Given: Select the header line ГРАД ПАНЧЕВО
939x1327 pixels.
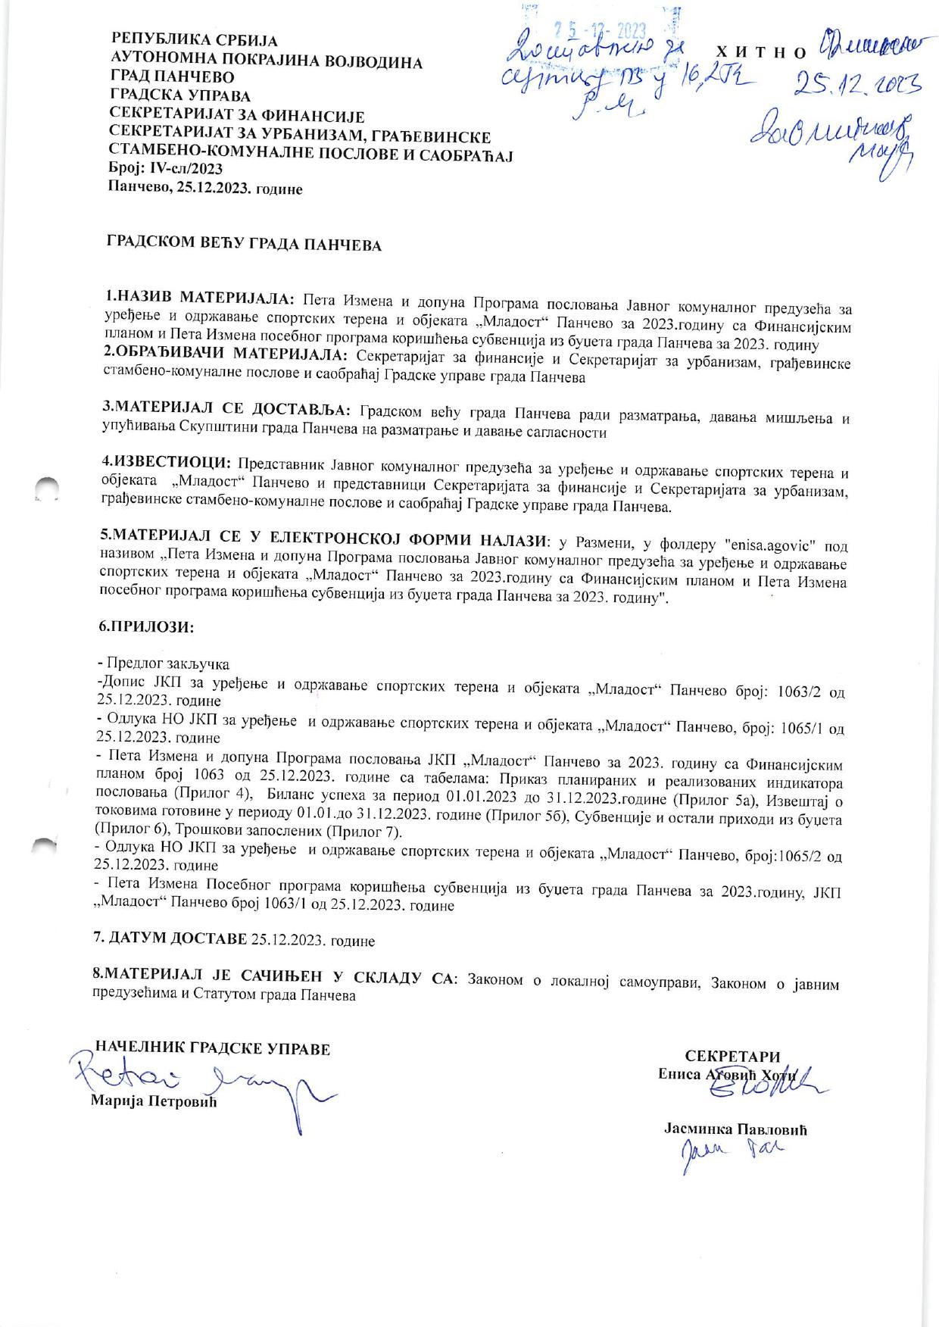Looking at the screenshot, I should tap(173, 77).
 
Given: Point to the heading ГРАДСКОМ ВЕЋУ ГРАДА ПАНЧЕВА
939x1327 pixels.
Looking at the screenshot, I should tap(244, 246).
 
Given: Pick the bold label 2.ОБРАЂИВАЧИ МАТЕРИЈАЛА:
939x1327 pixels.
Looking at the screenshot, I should tap(225, 354).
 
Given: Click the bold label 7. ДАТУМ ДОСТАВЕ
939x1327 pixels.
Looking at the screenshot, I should tap(170, 940).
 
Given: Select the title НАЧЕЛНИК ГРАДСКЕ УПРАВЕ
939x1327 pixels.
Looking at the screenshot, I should tap(213, 1049).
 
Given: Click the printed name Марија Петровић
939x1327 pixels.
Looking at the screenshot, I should tap(154, 1101).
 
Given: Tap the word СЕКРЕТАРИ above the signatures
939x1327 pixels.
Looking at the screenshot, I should tap(732, 1057).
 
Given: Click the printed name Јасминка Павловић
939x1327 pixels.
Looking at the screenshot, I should tap(735, 1129).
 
